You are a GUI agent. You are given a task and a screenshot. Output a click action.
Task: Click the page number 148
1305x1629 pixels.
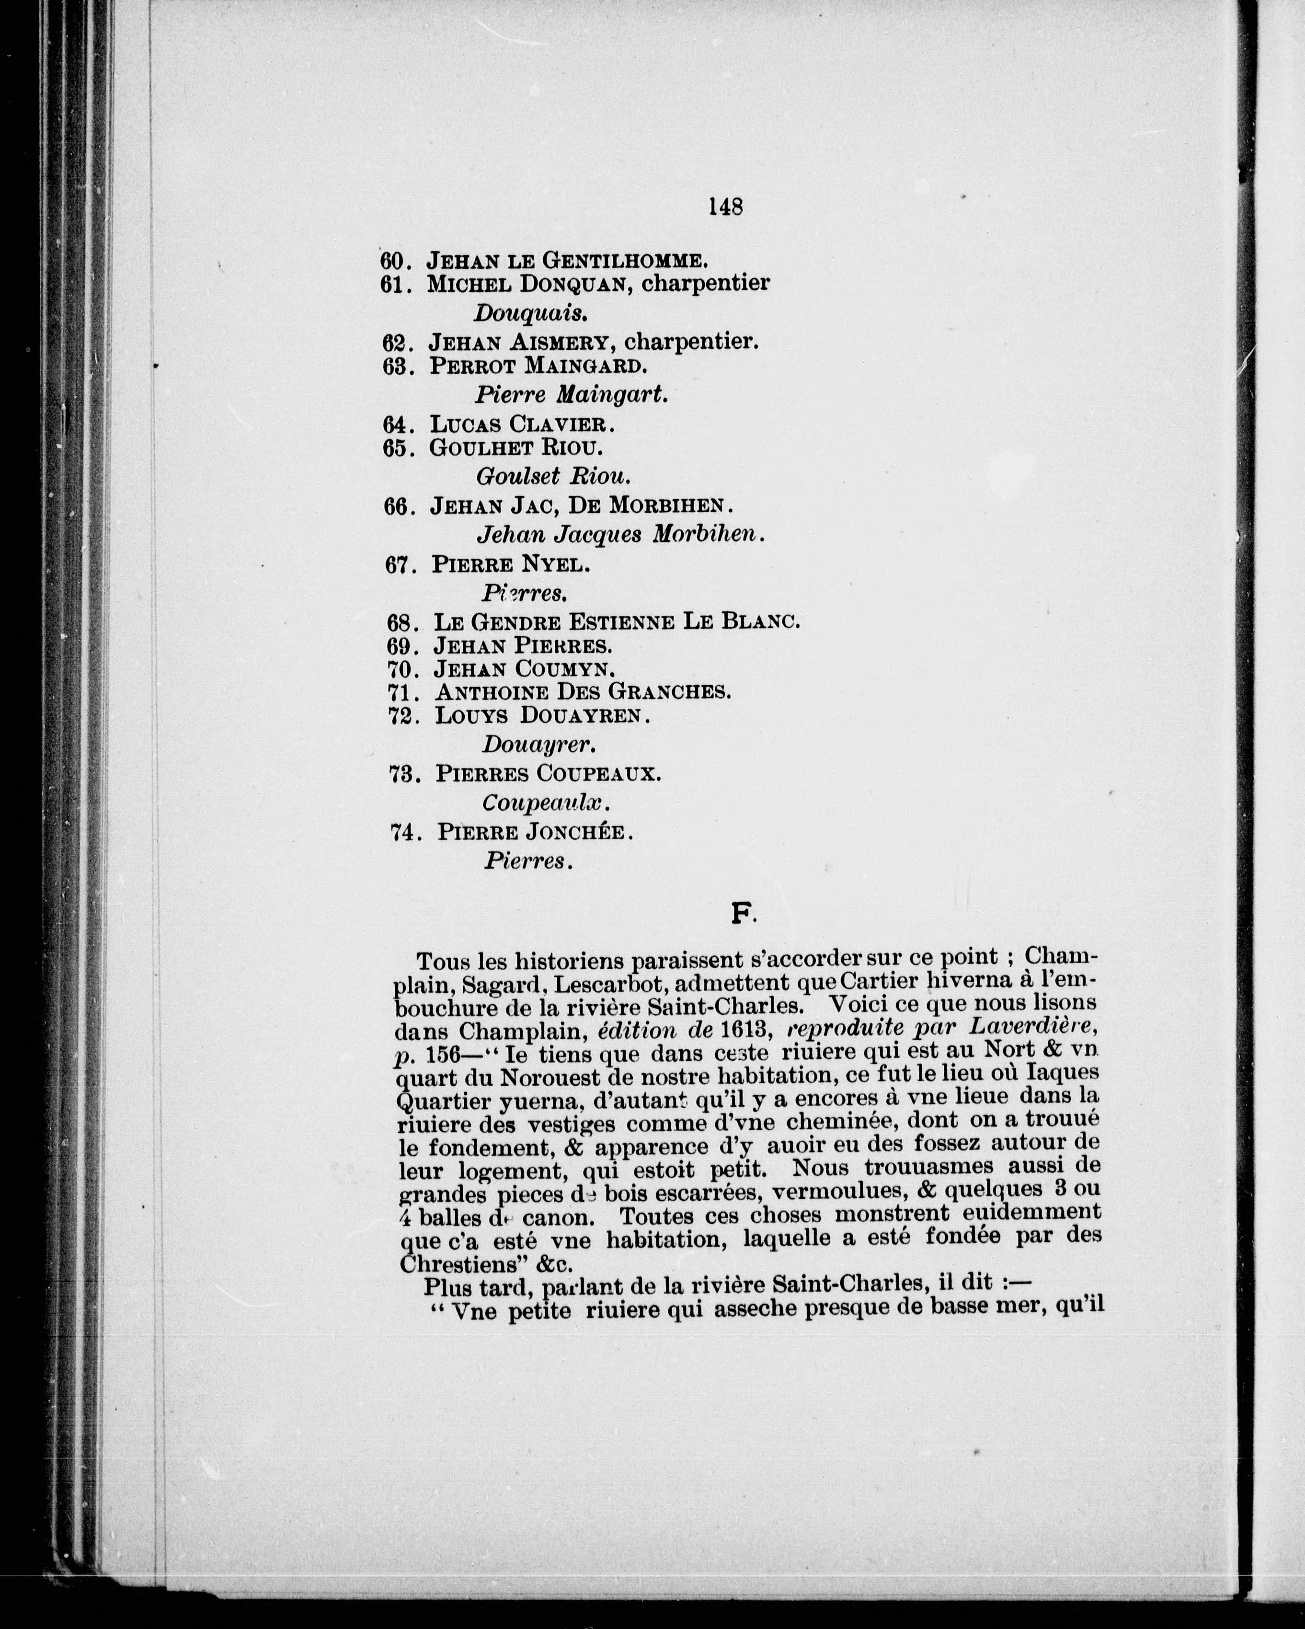pyautogui.click(x=725, y=206)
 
